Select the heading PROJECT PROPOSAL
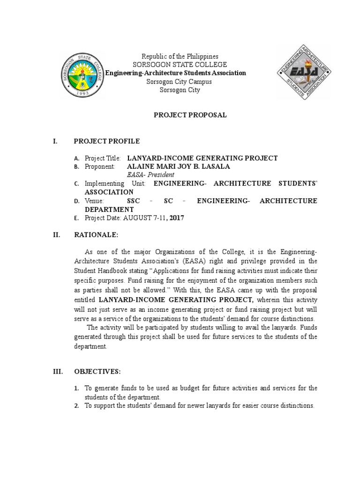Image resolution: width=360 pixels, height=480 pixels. pyautogui.click(x=190, y=115)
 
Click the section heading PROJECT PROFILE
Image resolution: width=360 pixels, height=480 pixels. pyautogui.click(x=106, y=141)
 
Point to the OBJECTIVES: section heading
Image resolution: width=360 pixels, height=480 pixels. pyautogui.click(x=97, y=371)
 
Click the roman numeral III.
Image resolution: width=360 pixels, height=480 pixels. pyautogui.click(x=58, y=371)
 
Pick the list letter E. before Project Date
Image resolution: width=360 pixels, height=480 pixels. pyautogui.click(x=76, y=218)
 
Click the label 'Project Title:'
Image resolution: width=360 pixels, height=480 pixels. pyautogui.click(x=103, y=158)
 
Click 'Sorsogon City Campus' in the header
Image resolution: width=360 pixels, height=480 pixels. pyautogui.click(x=180, y=82)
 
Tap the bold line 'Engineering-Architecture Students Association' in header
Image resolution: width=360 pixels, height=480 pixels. pyautogui.click(x=175, y=73)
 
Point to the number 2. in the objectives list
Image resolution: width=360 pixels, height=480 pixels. pyautogui.click(x=76, y=406)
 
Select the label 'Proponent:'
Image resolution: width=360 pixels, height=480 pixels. pyautogui.click(x=100, y=166)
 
